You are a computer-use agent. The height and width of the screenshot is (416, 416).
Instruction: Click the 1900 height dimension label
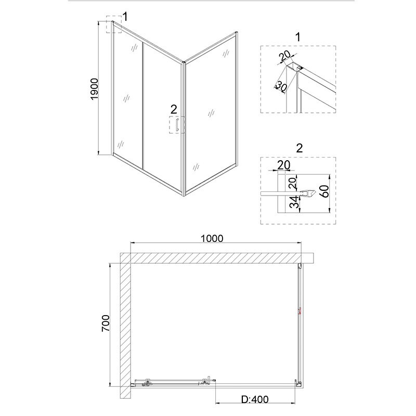pyautogui.click(x=95, y=89)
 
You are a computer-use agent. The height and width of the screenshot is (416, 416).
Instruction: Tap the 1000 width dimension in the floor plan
pyautogui.click(x=212, y=239)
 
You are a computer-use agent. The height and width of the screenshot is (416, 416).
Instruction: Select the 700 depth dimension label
pyautogui.click(x=106, y=323)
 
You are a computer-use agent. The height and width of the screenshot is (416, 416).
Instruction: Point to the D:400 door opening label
pyautogui.click(x=255, y=399)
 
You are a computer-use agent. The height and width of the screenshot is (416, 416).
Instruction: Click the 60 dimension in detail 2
pyautogui.click(x=324, y=191)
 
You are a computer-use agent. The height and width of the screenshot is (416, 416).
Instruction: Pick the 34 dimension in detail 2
pyautogui.click(x=294, y=202)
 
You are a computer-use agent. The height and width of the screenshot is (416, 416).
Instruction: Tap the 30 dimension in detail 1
pyautogui.click(x=281, y=86)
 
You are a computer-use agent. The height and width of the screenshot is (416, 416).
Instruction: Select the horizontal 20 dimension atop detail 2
pyautogui.click(x=283, y=165)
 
